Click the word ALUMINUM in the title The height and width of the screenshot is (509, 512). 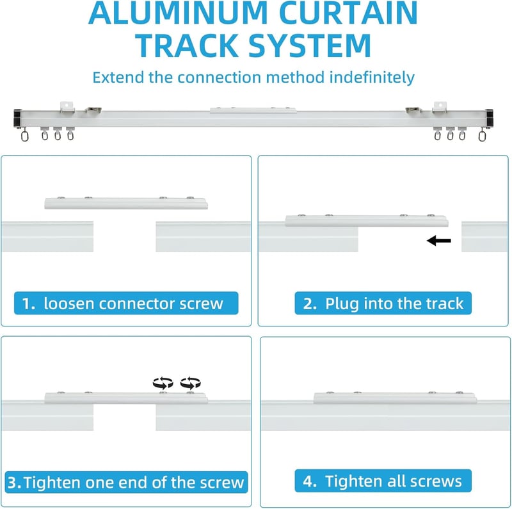coord(178,12)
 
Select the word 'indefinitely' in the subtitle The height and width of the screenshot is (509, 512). coord(372,77)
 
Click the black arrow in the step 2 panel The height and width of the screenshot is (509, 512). coord(439,241)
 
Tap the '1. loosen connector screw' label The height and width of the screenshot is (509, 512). coord(126,303)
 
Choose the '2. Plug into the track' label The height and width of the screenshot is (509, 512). coord(383,303)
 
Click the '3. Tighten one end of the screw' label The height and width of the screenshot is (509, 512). coord(126,482)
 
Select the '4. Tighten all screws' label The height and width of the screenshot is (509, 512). coord(383,481)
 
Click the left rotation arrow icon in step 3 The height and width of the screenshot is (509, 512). coord(163,383)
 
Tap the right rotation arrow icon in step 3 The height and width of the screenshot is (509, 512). coord(190,383)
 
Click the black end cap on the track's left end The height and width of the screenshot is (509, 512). coord(17,118)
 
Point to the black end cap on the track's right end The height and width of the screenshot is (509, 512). coord(489,118)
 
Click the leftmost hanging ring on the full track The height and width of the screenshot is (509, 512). coord(24,134)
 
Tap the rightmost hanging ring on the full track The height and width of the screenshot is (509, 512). coord(482,134)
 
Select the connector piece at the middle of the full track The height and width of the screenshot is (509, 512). coord(253,110)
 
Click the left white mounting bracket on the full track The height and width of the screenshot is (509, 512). coord(67,108)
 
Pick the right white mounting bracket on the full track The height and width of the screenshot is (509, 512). coord(440,108)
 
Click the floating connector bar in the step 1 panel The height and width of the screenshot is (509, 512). coord(126,203)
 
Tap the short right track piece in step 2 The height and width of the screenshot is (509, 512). coord(484,236)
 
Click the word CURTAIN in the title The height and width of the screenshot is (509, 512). coord(348,12)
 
